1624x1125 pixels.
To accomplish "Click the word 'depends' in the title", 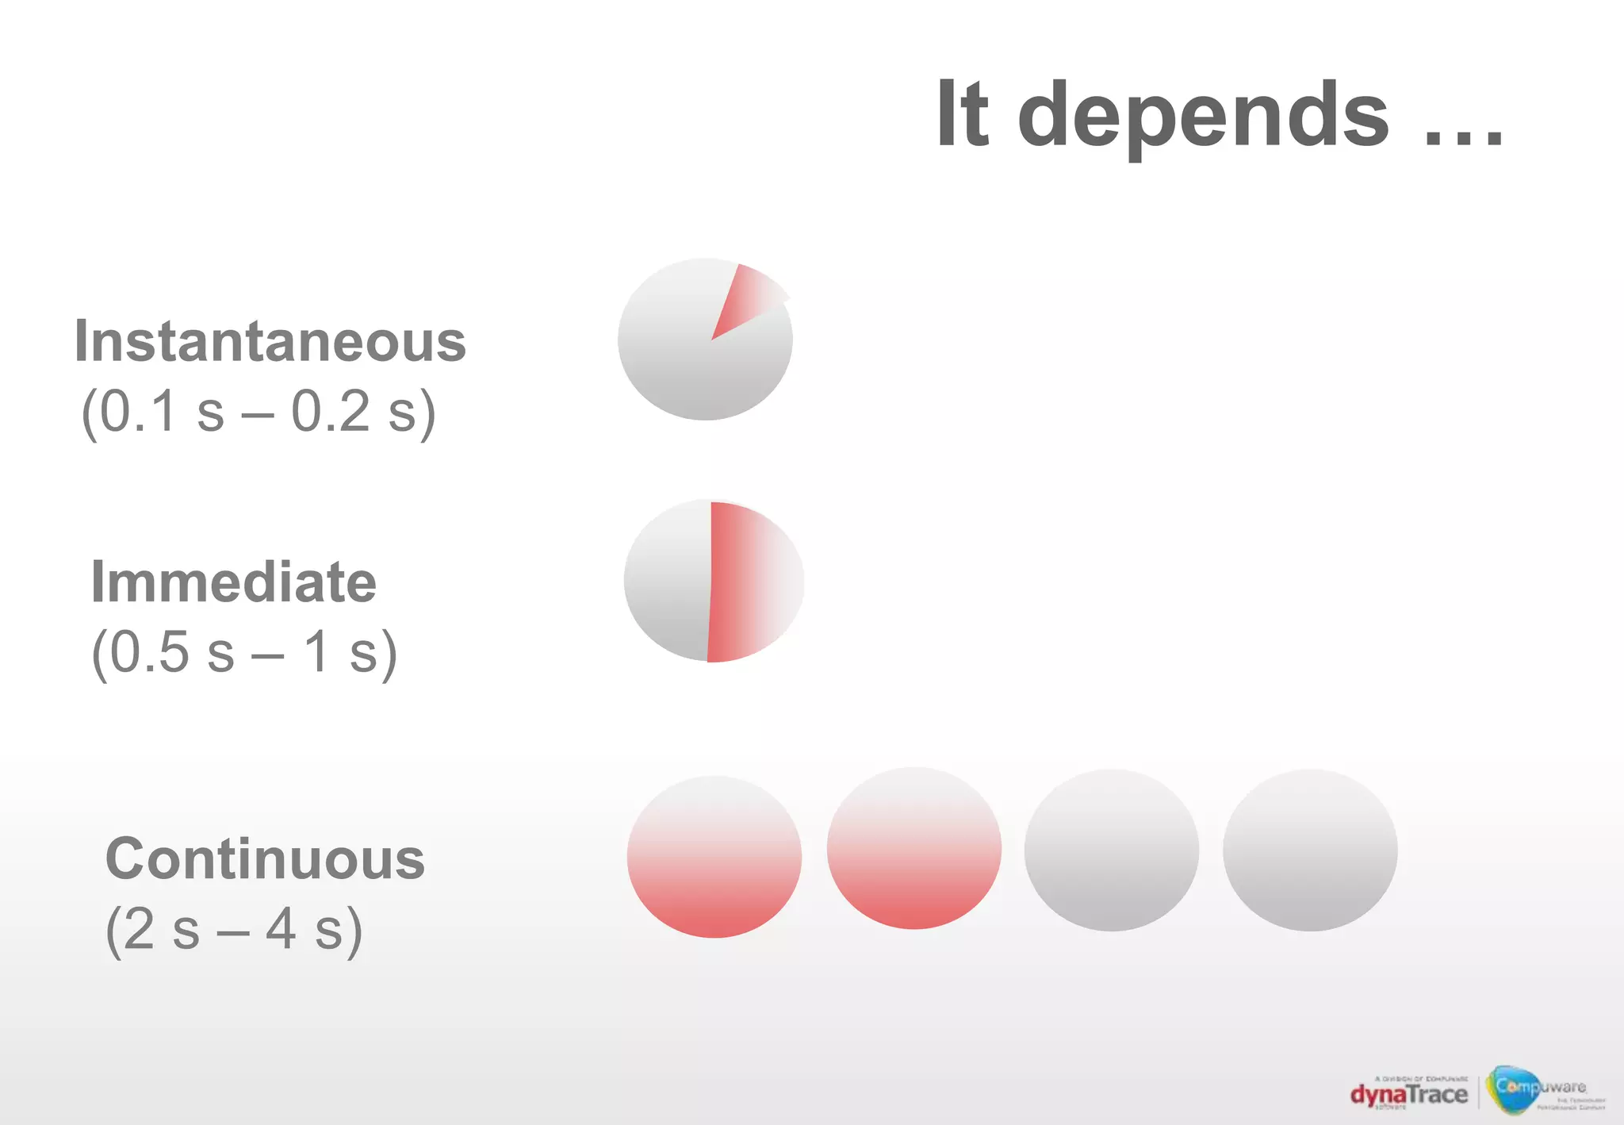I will pyautogui.click(x=1202, y=116).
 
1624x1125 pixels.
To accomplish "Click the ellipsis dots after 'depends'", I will pyautogui.click(x=1463, y=140).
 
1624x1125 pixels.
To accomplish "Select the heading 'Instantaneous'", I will pyautogui.click(x=270, y=341).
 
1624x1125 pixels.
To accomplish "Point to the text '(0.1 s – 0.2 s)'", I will pyautogui.click(x=259, y=411).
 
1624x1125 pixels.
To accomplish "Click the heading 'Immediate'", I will pyautogui.click(x=234, y=582).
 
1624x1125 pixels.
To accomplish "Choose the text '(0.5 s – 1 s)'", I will pyautogui.click(x=244, y=652).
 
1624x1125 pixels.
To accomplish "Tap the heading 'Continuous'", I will pyautogui.click(x=265, y=859).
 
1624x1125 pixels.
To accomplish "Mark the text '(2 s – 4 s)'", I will pyautogui.click(x=234, y=929).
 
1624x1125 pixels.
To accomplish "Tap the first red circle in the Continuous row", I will pyautogui.click(x=714, y=857).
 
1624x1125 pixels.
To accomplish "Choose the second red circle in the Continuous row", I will pyautogui.click(x=913, y=849).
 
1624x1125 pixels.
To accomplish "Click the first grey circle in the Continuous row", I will pyautogui.click(x=1111, y=850).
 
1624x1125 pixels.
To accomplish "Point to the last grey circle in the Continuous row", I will pyautogui.click(x=1309, y=850).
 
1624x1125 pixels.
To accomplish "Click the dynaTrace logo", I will pyautogui.click(x=1408, y=1094).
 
